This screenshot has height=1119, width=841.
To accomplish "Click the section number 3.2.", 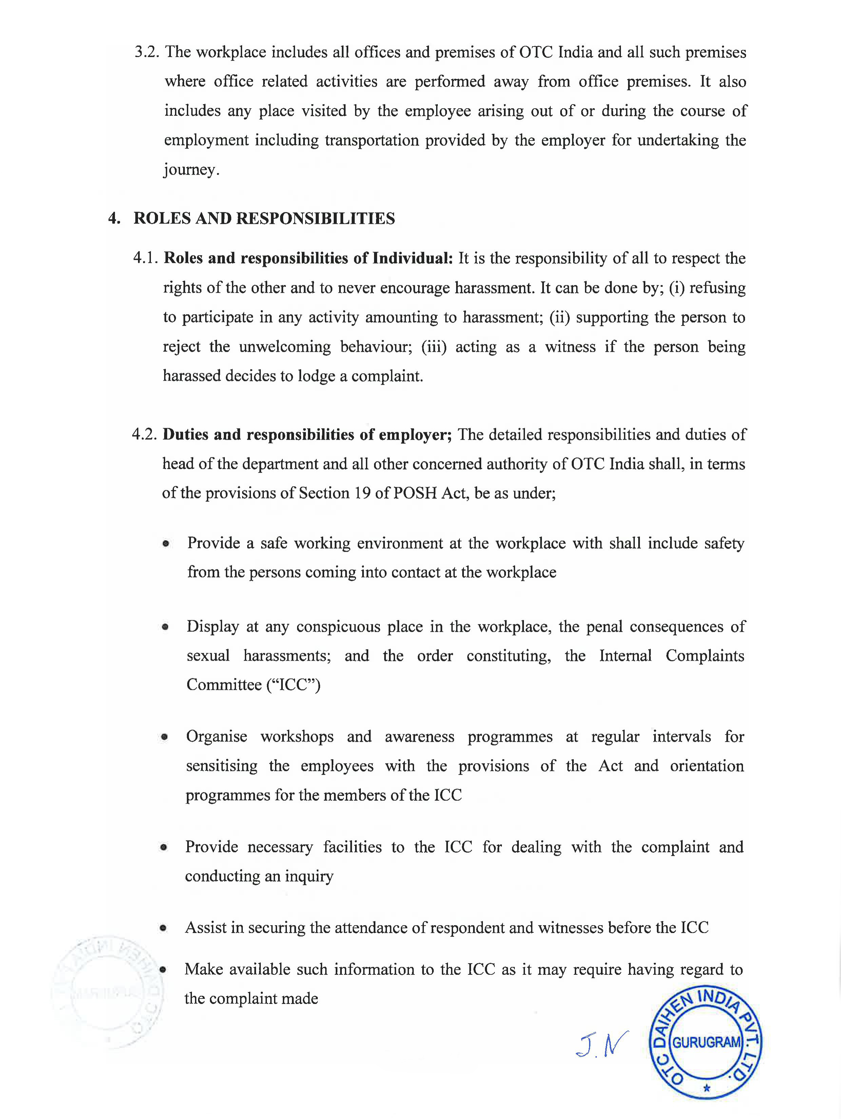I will (146, 53).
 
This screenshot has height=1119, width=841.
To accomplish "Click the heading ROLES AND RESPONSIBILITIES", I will (264, 219).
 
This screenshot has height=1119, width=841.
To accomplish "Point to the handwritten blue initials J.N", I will (602, 1044).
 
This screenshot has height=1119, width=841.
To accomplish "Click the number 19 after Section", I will (362, 493).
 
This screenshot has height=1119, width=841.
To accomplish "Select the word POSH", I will (415, 493).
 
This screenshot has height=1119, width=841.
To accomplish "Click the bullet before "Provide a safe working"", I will (165, 544).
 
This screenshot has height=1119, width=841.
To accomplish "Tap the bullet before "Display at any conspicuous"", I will (165, 628).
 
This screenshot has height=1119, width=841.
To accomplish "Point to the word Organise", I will (216, 737).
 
